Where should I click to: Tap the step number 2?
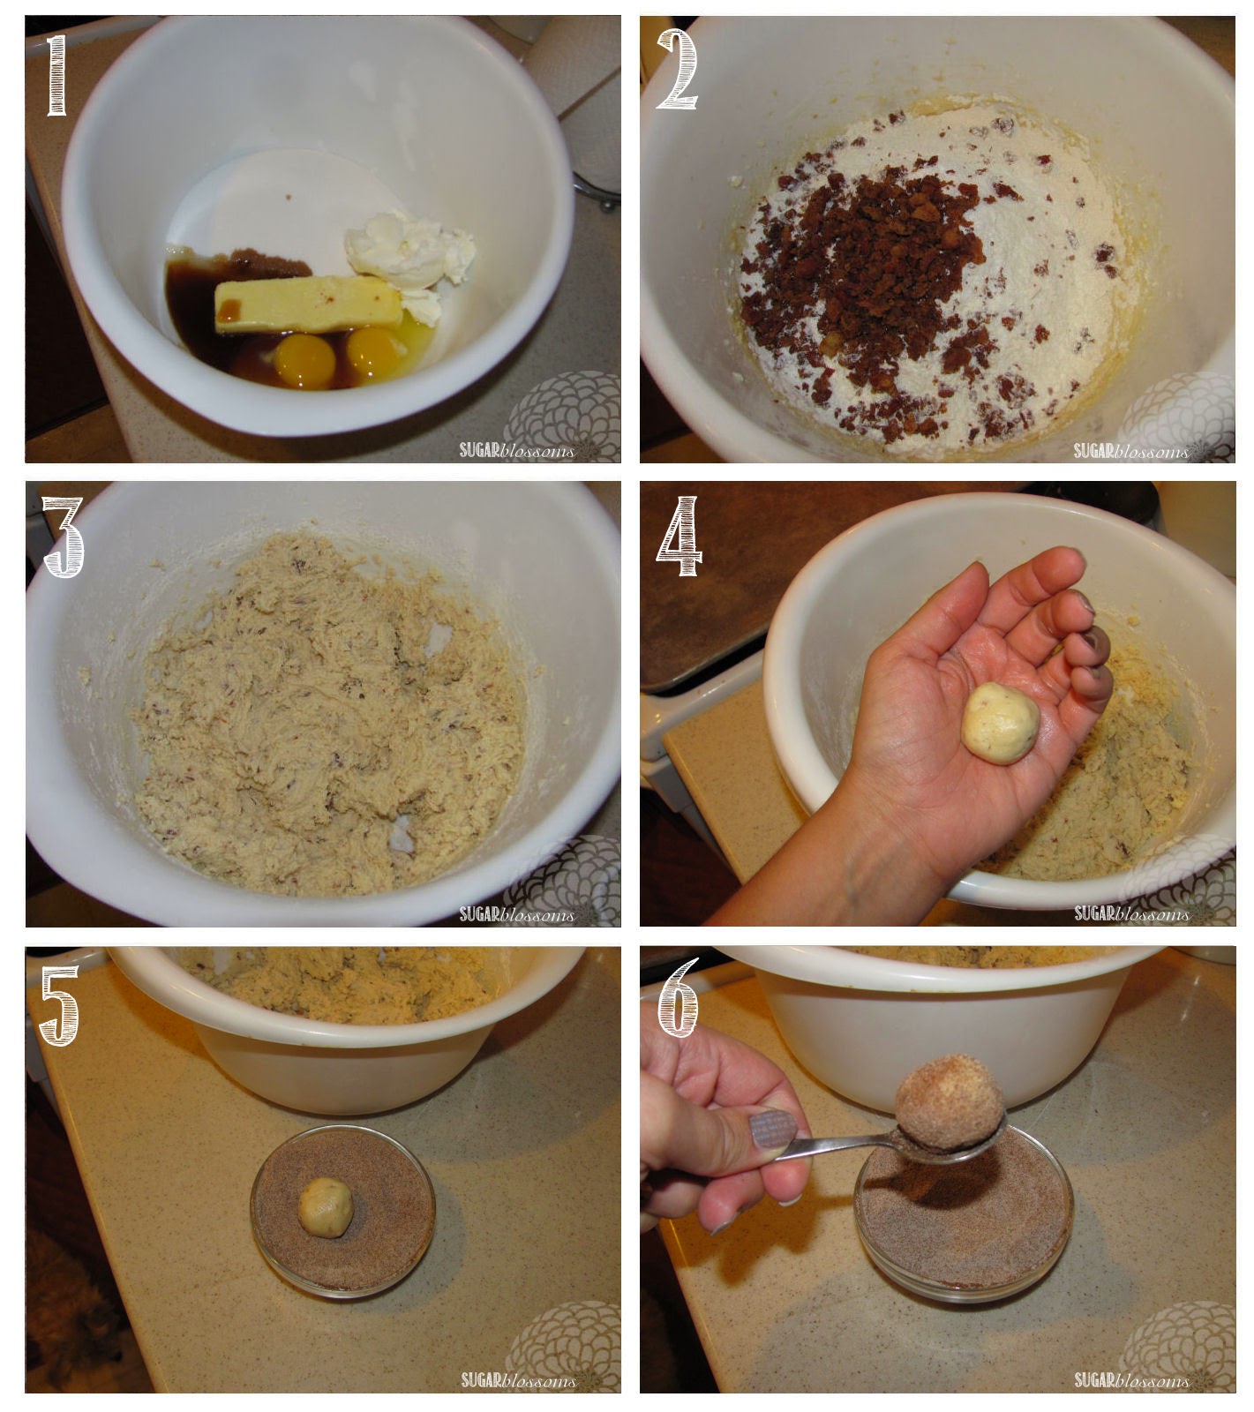pyautogui.click(x=676, y=70)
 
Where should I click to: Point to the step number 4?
pyautogui.click(x=680, y=536)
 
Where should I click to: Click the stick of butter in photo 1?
pyautogui.click(x=307, y=304)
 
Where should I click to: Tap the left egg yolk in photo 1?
pyautogui.click(x=304, y=357)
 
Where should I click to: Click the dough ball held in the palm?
pyautogui.click(x=1000, y=722)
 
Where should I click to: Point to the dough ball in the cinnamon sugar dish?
pyautogui.click(x=326, y=1207)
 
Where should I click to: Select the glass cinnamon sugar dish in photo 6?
pyautogui.click(x=963, y=1222)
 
